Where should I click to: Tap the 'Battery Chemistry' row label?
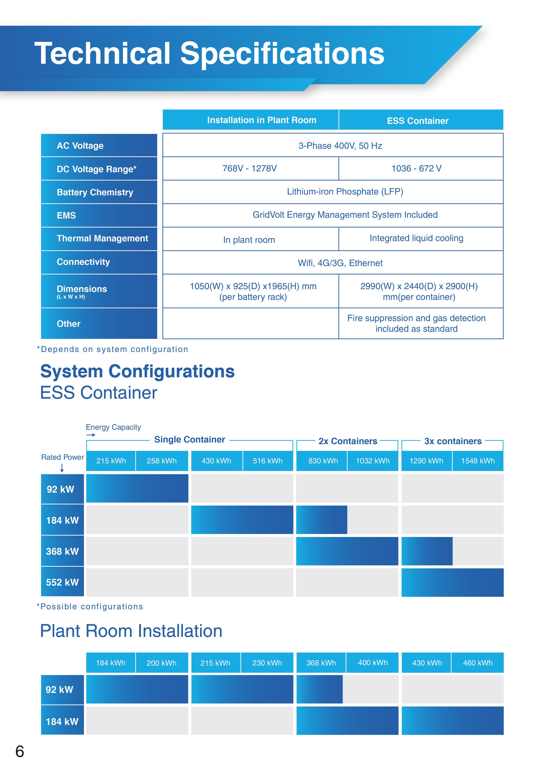coord(95,192)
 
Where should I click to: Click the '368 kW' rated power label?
coord(62,551)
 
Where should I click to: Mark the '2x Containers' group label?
coord(348,441)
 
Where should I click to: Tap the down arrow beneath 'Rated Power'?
coord(62,468)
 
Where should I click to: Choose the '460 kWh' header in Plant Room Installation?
coord(478,663)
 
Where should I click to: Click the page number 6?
coord(20,751)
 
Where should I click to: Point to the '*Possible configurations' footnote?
coord(90,606)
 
